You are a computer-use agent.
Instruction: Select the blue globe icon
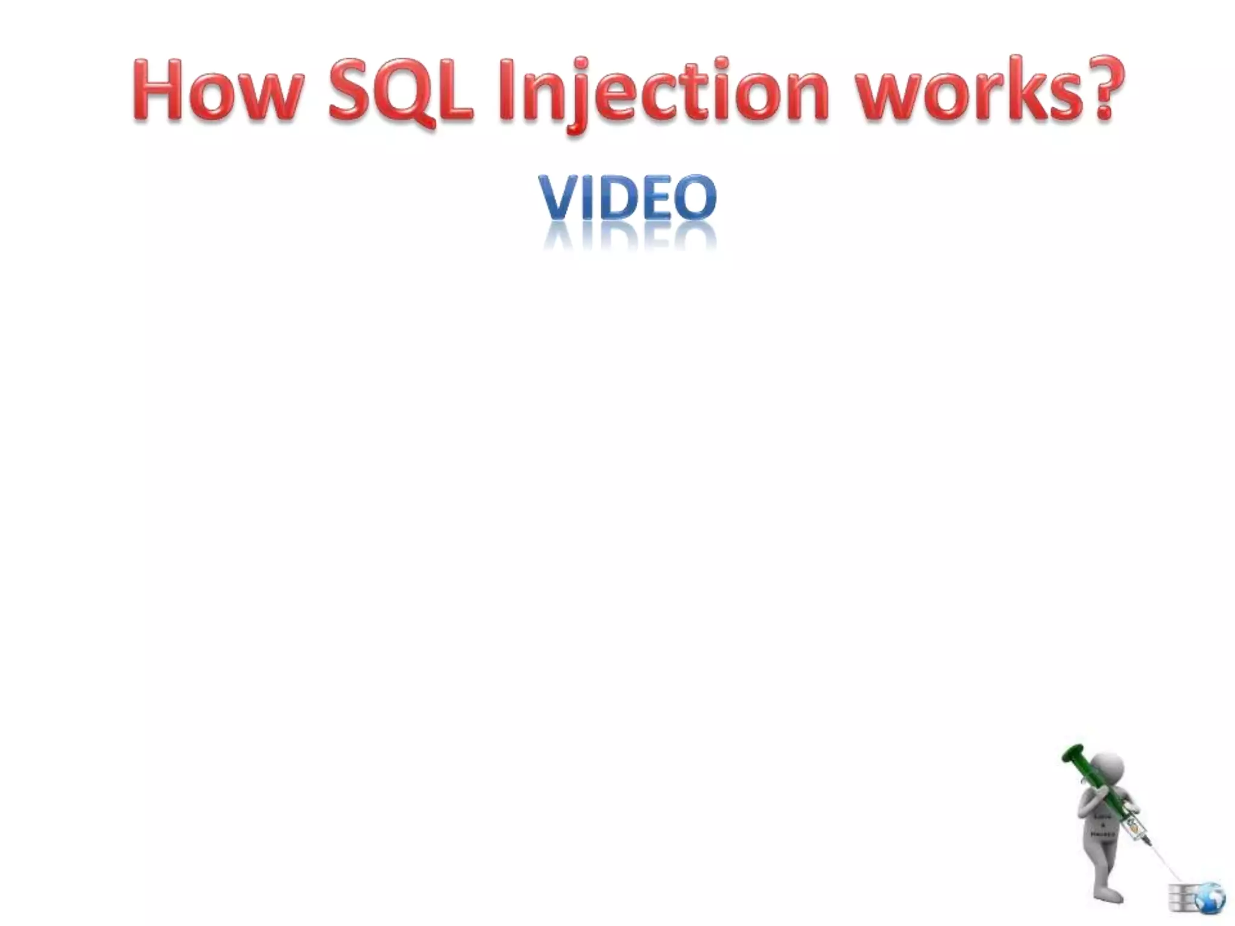pyautogui.click(x=1209, y=899)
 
